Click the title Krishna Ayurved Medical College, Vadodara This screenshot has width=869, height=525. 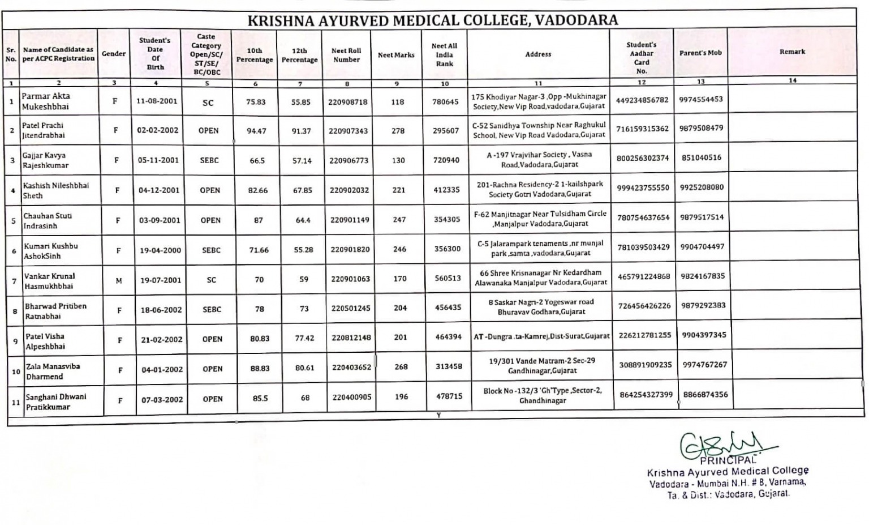(x=433, y=20)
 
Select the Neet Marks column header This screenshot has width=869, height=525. (x=396, y=55)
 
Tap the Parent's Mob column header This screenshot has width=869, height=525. (x=700, y=53)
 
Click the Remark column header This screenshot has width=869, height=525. (x=792, y=52)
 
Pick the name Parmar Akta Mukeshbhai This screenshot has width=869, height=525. (x=46, y=101)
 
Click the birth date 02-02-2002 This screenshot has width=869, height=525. (x=158, y=130)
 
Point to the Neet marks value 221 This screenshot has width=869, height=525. (x=399, y=190)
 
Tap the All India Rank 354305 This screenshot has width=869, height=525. (x=447, y=220)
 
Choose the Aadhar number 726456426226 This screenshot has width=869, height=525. (x=644, y=306)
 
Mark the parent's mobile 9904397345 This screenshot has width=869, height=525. (x=704, y=335)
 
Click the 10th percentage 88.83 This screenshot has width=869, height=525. (x=260, y=369)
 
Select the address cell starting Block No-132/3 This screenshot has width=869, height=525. (x=543, y=395)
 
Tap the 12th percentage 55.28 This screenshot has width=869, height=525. (x=303, y=250)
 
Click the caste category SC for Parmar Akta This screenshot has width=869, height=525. (x=208, y=103)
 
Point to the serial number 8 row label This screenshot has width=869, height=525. (x=15, y=311)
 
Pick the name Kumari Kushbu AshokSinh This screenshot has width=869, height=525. (x=51, y=251)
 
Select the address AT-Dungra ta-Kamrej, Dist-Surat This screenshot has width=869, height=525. (x=541, y=336)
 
